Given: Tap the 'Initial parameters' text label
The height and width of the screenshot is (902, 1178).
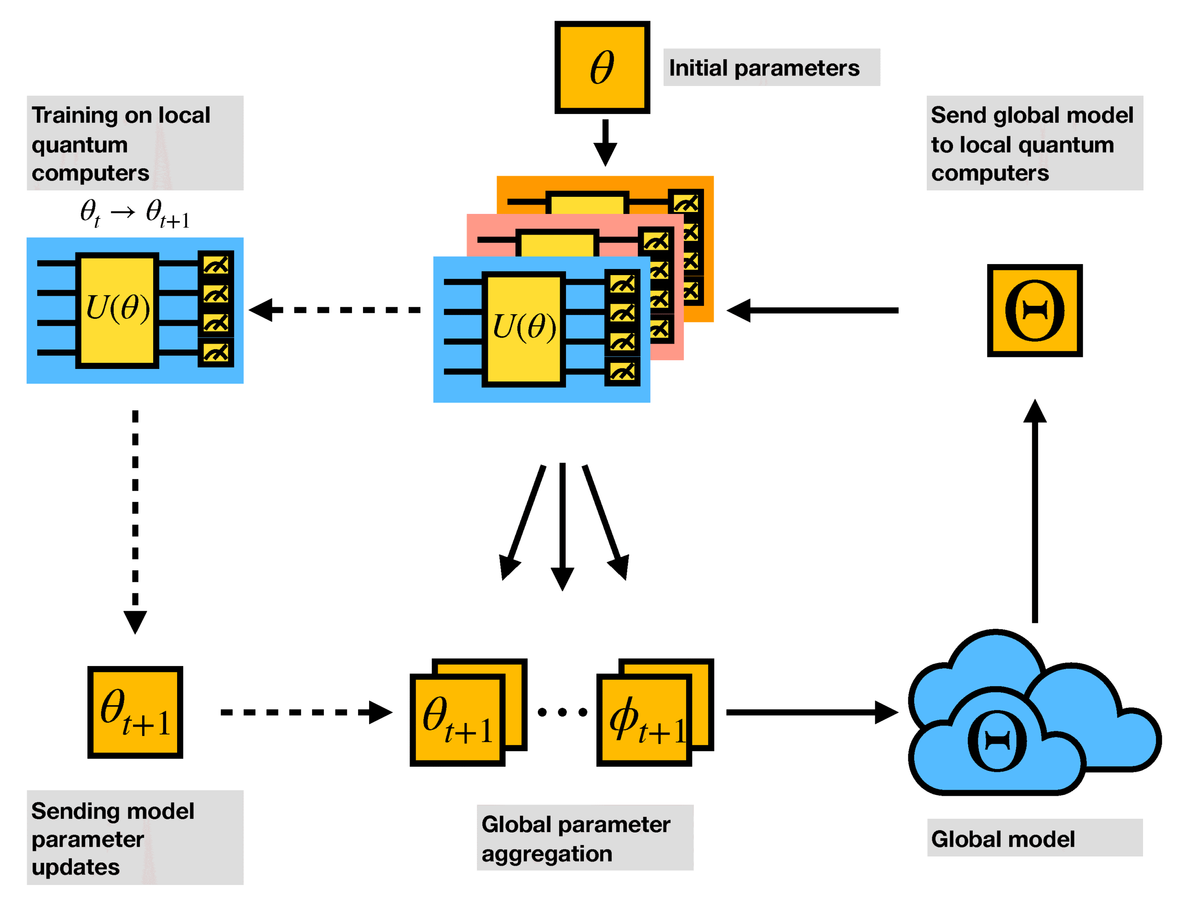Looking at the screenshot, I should pos(764,68).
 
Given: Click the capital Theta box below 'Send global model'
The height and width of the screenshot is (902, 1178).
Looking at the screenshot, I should pos(1034,310).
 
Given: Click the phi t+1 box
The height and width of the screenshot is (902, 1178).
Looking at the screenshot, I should pos(645,719).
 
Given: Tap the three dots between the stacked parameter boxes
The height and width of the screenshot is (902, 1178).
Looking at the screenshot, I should pos(562,712).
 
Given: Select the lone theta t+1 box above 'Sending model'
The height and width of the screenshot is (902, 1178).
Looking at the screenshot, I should pos(135,712).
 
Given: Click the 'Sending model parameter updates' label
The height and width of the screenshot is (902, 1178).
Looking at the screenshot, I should pos(113,839).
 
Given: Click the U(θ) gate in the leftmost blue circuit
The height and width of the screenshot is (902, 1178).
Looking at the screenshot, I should pos(117,310).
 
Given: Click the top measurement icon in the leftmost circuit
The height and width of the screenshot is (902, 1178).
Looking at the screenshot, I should pos(216,264).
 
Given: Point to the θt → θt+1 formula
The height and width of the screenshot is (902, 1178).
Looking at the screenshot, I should pos(134,213).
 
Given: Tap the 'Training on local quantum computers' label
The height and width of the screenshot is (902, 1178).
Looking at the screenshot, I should pos(121,144).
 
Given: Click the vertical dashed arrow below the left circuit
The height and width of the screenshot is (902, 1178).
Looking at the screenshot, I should pos(135,516).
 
